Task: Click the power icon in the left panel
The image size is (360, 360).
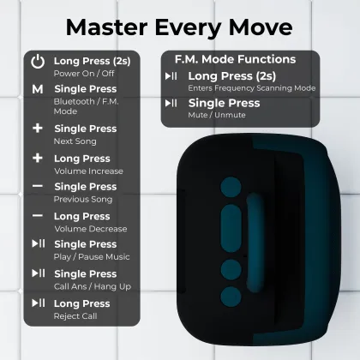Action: (x=38, y=62)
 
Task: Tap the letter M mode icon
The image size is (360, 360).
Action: (x=38, y=89)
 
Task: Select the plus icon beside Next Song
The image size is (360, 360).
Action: (x=38, y=129)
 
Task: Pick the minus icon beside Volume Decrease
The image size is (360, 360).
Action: (x=38, y=215)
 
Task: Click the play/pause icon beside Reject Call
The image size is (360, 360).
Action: (x=39, y=303)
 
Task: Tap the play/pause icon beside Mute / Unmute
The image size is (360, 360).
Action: (x=171, y=103)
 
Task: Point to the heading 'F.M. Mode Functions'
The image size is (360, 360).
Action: (x=235, y=59)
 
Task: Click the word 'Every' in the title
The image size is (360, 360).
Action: (x=188, y=27)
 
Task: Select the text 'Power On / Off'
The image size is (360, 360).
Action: (x=84, y=74)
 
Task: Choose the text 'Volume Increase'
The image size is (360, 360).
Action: (x=88, y=171)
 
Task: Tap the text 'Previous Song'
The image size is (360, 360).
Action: (x=83, y=199)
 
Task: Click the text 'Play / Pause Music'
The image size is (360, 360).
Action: (x=92, y=257)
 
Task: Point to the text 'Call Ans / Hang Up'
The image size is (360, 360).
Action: (x=93, y=286)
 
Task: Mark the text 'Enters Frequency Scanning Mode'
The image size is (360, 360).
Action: (x=252, y=88)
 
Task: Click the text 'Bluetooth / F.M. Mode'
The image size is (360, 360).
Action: (x=86, y=106)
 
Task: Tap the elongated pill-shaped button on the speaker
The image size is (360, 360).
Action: (x=231, y=228)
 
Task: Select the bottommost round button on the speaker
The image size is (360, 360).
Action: (x=231, y=297)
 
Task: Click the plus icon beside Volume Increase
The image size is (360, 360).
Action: (x=38, y=158)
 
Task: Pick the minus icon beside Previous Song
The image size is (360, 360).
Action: (x=38, y=186)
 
